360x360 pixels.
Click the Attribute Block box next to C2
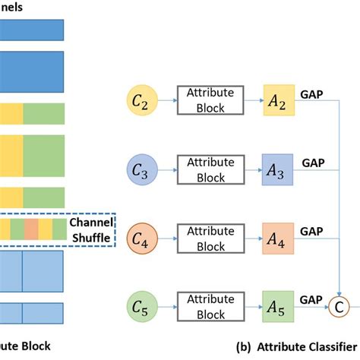coord(207,99)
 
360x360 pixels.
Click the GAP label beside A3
coord(314,163)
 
